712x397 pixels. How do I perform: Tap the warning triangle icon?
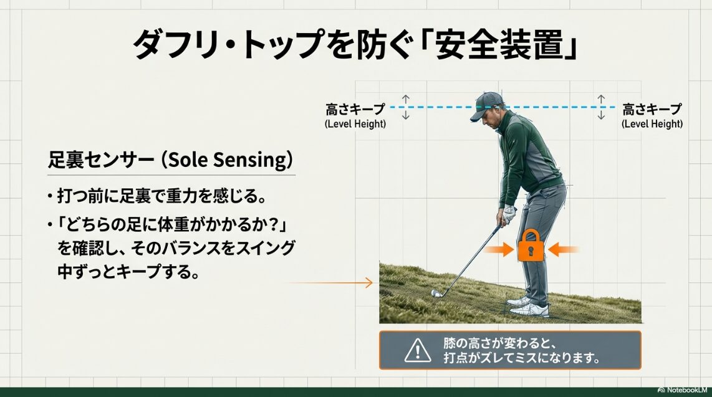tap(417, 351)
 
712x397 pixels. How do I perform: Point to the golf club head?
tap(436, 292)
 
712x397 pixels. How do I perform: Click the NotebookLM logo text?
tap(683, 390)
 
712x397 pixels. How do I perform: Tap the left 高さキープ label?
tap(355, 110)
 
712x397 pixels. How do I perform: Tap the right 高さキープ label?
tap(652, 110)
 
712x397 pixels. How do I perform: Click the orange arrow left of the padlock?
tap(501, 251)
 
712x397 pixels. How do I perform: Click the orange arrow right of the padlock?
tap(563, 251)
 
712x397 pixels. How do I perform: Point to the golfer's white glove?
tap(509, 213)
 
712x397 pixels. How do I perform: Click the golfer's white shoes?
tap(529, 306)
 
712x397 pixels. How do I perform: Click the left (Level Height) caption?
tap(355, 124)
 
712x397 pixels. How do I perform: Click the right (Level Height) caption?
tap(652, 124)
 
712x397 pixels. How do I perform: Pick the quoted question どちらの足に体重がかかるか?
tap(175, 224)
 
